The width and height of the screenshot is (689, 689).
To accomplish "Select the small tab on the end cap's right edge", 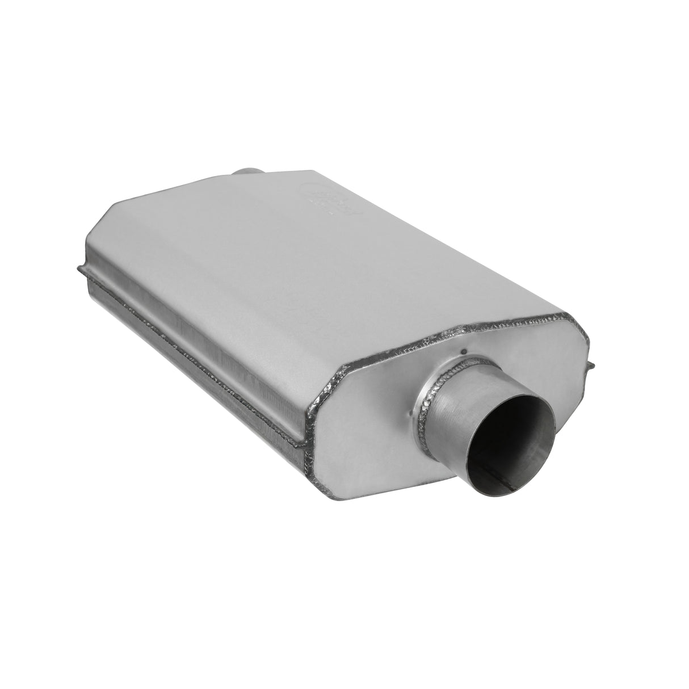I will point(592,364).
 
